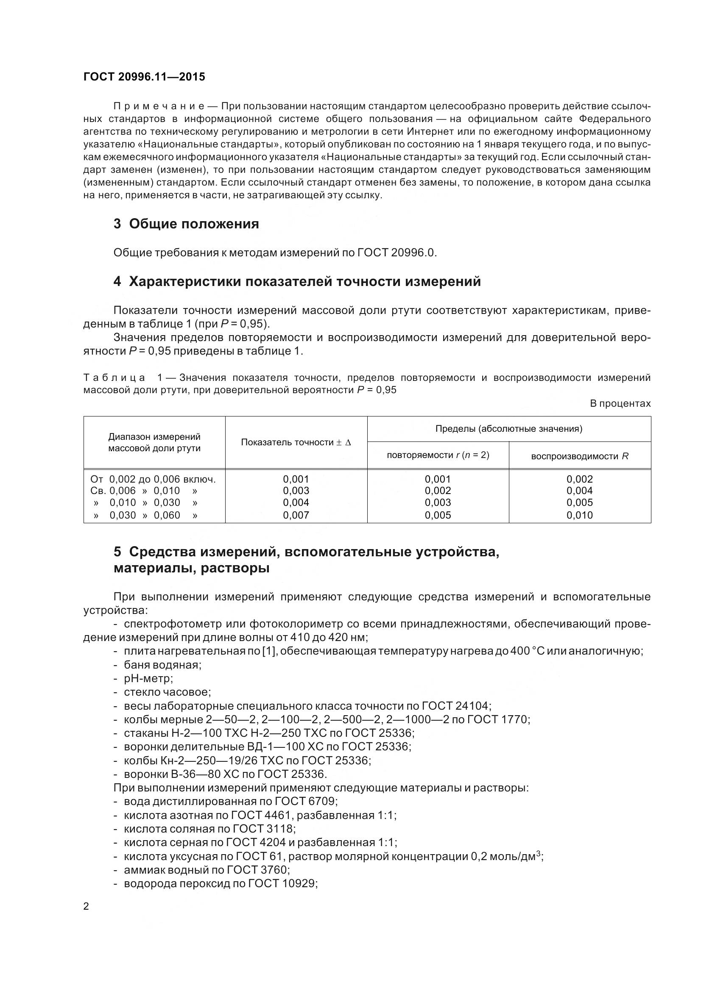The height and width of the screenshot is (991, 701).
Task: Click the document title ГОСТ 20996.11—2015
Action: click(144, 77)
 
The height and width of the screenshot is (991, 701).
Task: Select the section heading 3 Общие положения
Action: click(186, 224)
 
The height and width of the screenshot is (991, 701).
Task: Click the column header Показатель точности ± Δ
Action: click(296, 442)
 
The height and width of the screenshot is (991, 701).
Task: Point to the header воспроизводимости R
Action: click(579, 456)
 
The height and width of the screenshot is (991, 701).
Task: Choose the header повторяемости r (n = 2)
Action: click(438, 455)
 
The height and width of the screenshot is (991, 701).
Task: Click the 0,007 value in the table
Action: click(296, 515)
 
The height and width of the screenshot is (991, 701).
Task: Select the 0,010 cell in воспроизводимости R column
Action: click(579, 515)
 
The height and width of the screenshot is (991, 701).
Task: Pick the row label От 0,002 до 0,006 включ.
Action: click(153, 479)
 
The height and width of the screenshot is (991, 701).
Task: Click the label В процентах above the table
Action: click(620, 404)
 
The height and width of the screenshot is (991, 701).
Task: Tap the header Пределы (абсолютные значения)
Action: click(508, 429)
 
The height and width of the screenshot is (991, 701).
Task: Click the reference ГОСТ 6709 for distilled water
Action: click(306, 802)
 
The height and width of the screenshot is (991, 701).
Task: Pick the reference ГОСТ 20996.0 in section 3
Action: click(397, 253)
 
